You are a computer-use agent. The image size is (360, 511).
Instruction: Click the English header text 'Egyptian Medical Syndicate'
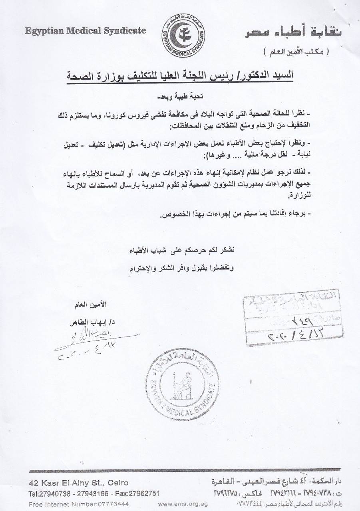pyautogui.click(x=86, y=31)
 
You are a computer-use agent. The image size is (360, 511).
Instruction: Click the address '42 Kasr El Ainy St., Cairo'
pyautogui.click(x=78, y=483)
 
